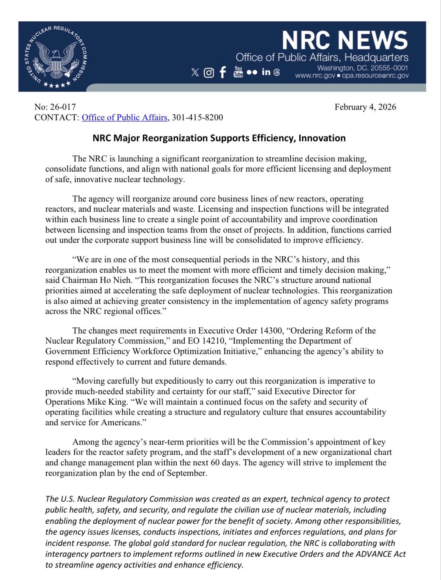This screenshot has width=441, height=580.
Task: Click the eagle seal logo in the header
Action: [x=56, y=56]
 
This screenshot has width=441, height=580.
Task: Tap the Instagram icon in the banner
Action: [x=209, y=73]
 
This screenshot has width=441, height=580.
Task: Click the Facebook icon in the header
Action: [x=223, y=72]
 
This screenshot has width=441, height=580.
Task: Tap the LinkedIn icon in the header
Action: [x=266, y=72]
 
